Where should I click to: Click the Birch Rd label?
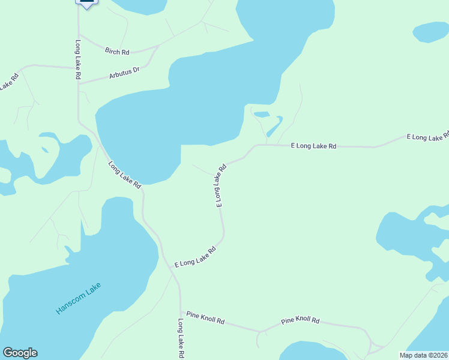pyautogui.click(x=117, y=52)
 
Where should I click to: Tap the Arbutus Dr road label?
pyautogui.click(x=124, y=73)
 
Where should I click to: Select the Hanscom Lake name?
pyautogui.click(x=79, y=298)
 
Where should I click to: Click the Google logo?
pyautogui.click(x=20, y=353)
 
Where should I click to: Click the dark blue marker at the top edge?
pyautogui.click(x=86, y=3)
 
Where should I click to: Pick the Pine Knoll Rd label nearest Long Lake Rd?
pyautogui.click(x=205, y=317)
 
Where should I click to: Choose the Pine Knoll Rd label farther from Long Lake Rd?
pyautogui.click(x=300, y=321)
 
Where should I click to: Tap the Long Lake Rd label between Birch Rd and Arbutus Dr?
pyautogui.click(x=78, y=60)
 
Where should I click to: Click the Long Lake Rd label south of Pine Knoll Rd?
pyautogui.click(x=180, y=338)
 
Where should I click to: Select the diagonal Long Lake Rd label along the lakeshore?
pyautogui.click(x=125, y=175)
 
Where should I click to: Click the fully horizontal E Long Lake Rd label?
pyautogui.click(x=313, y=146)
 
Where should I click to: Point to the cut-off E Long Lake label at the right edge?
pyautogui.click(x=428, y=137)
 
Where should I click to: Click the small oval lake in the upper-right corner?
pyautogui.click(x=430, y=32)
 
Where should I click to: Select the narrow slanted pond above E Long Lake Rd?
pyautogui.click(x=274, y=127)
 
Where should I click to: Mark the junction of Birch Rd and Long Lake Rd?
pyautogui.click(x=79, y=34)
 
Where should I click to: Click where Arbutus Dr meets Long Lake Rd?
pyautogui.click(x=79, y=83)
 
